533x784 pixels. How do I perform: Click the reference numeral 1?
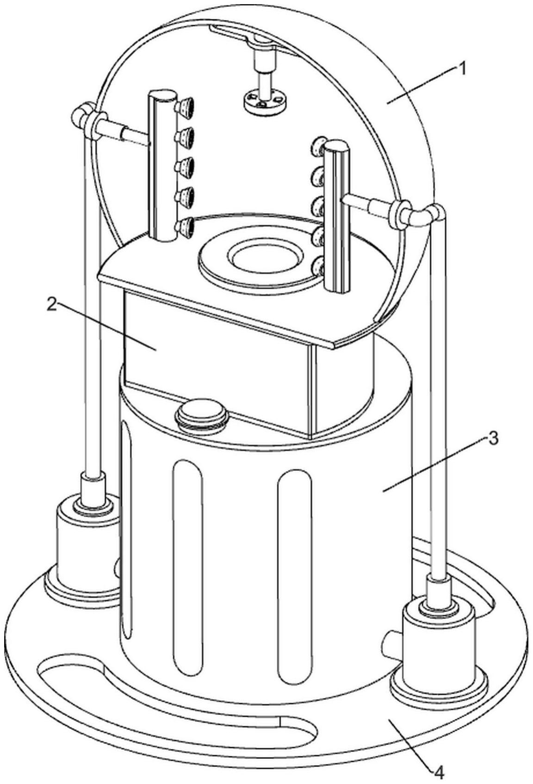pos(462,69)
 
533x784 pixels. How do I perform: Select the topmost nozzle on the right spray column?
pos(318,147)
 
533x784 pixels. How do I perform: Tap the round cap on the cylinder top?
pos(201,414)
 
